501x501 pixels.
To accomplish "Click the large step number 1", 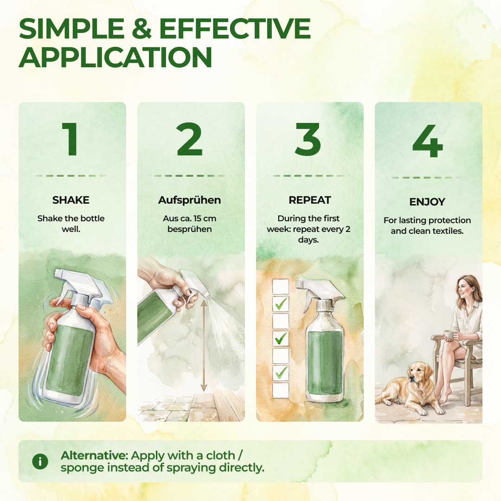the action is coord(71,139).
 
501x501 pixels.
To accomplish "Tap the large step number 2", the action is coord(189,139).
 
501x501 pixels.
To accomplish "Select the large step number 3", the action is coord(308,139).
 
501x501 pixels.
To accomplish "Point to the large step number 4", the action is coord(428,141).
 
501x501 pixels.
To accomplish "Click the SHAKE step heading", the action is coord(71,200).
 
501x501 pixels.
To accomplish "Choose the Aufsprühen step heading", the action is coord(189,200).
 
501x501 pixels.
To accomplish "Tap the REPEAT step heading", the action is coord(309,200).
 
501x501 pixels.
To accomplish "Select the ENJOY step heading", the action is coord(427,202).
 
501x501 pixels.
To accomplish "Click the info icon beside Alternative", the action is coord(40,462).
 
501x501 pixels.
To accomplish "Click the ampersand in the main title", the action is coord(141,29).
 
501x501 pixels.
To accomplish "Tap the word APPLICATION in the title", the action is coord(116,58).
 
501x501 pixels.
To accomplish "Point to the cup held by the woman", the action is coord(449,335).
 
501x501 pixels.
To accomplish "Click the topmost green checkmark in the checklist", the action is coord(281,303).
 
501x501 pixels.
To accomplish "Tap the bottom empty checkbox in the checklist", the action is coord(281,390).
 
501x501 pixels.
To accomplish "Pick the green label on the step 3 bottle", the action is coord(325,363).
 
